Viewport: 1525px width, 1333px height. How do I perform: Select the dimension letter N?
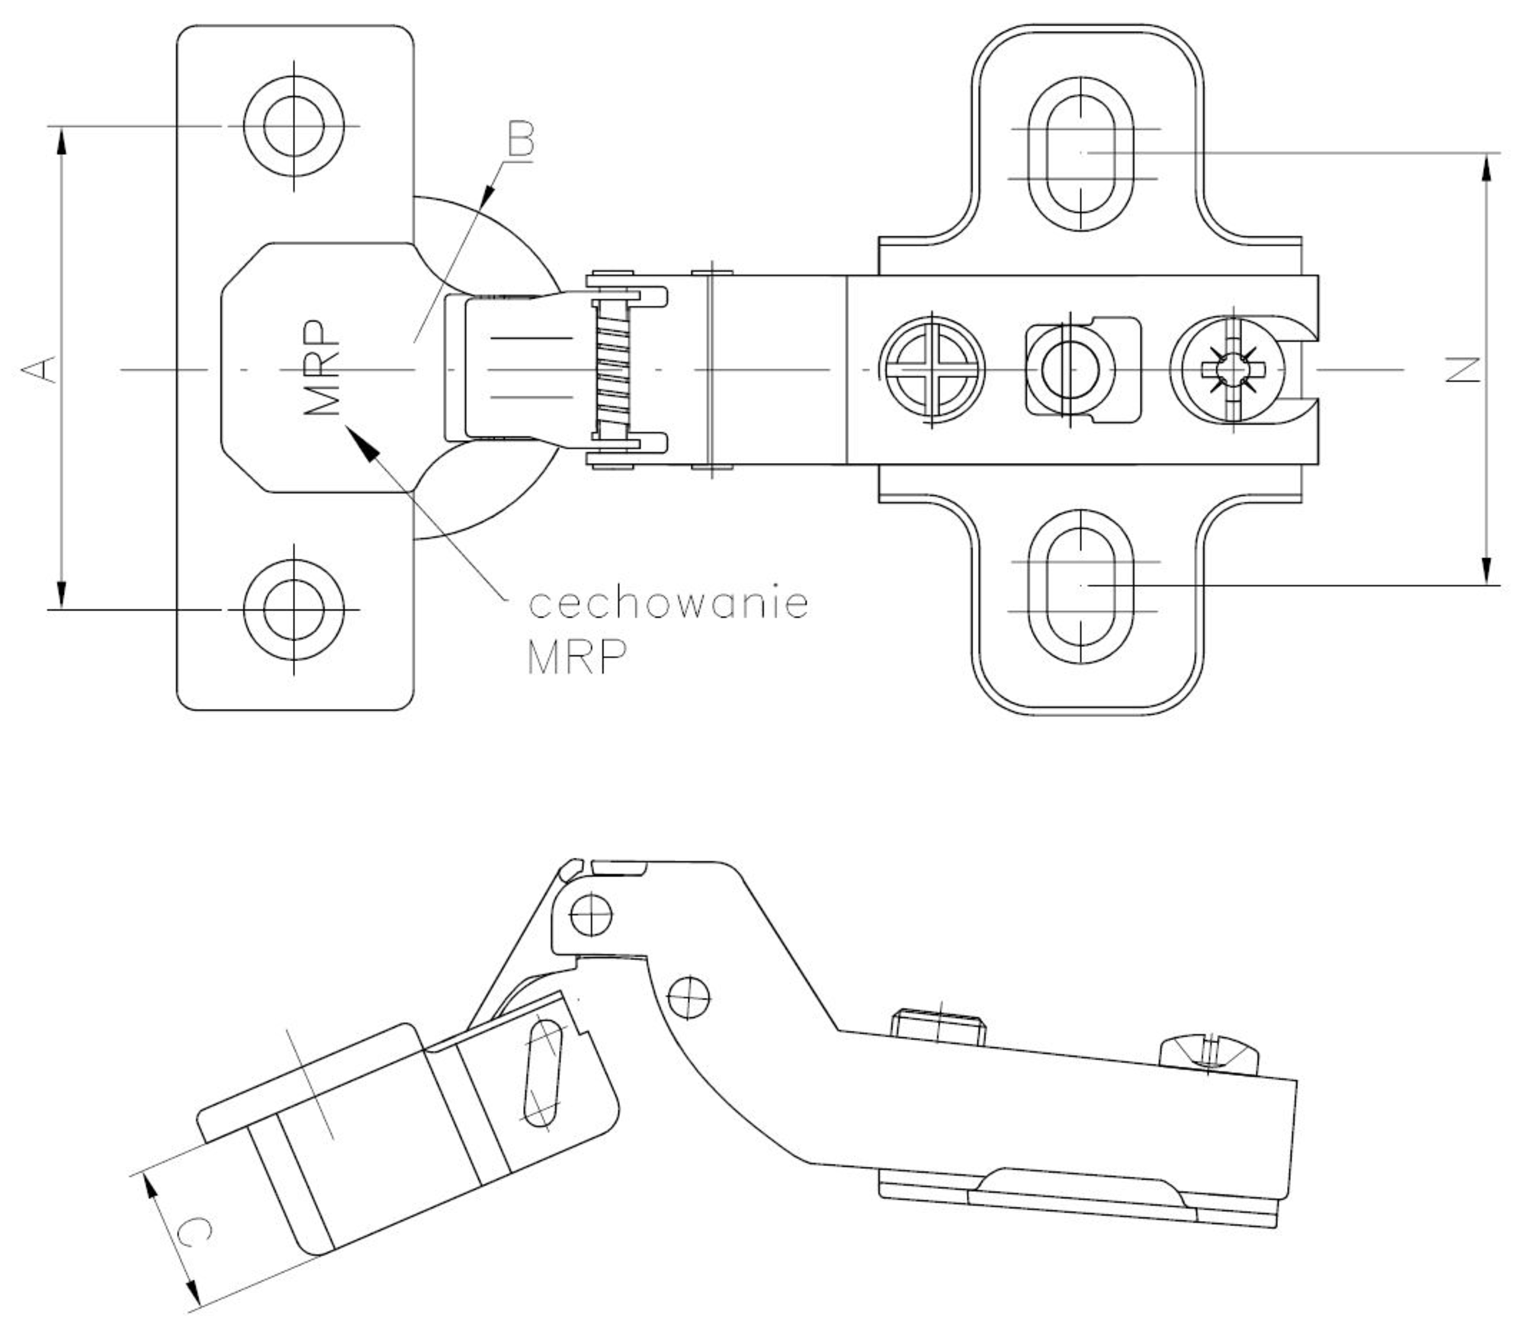1463,370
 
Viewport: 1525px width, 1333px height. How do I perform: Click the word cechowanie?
669,603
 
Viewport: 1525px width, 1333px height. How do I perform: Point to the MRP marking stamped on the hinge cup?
320,368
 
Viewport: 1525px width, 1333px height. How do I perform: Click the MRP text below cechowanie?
577,657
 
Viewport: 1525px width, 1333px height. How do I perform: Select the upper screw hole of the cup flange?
294,126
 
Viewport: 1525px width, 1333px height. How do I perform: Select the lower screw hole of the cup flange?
294,609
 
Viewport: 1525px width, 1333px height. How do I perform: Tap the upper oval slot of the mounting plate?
1080,153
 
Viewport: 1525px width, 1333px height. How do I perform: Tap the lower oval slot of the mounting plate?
1080,586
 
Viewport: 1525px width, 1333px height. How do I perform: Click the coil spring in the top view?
611,370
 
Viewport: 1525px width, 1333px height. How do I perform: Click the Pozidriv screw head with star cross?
1232,371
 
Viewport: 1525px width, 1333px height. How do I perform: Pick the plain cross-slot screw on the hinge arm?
932,371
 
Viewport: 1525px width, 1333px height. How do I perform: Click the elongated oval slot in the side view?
543,1071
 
